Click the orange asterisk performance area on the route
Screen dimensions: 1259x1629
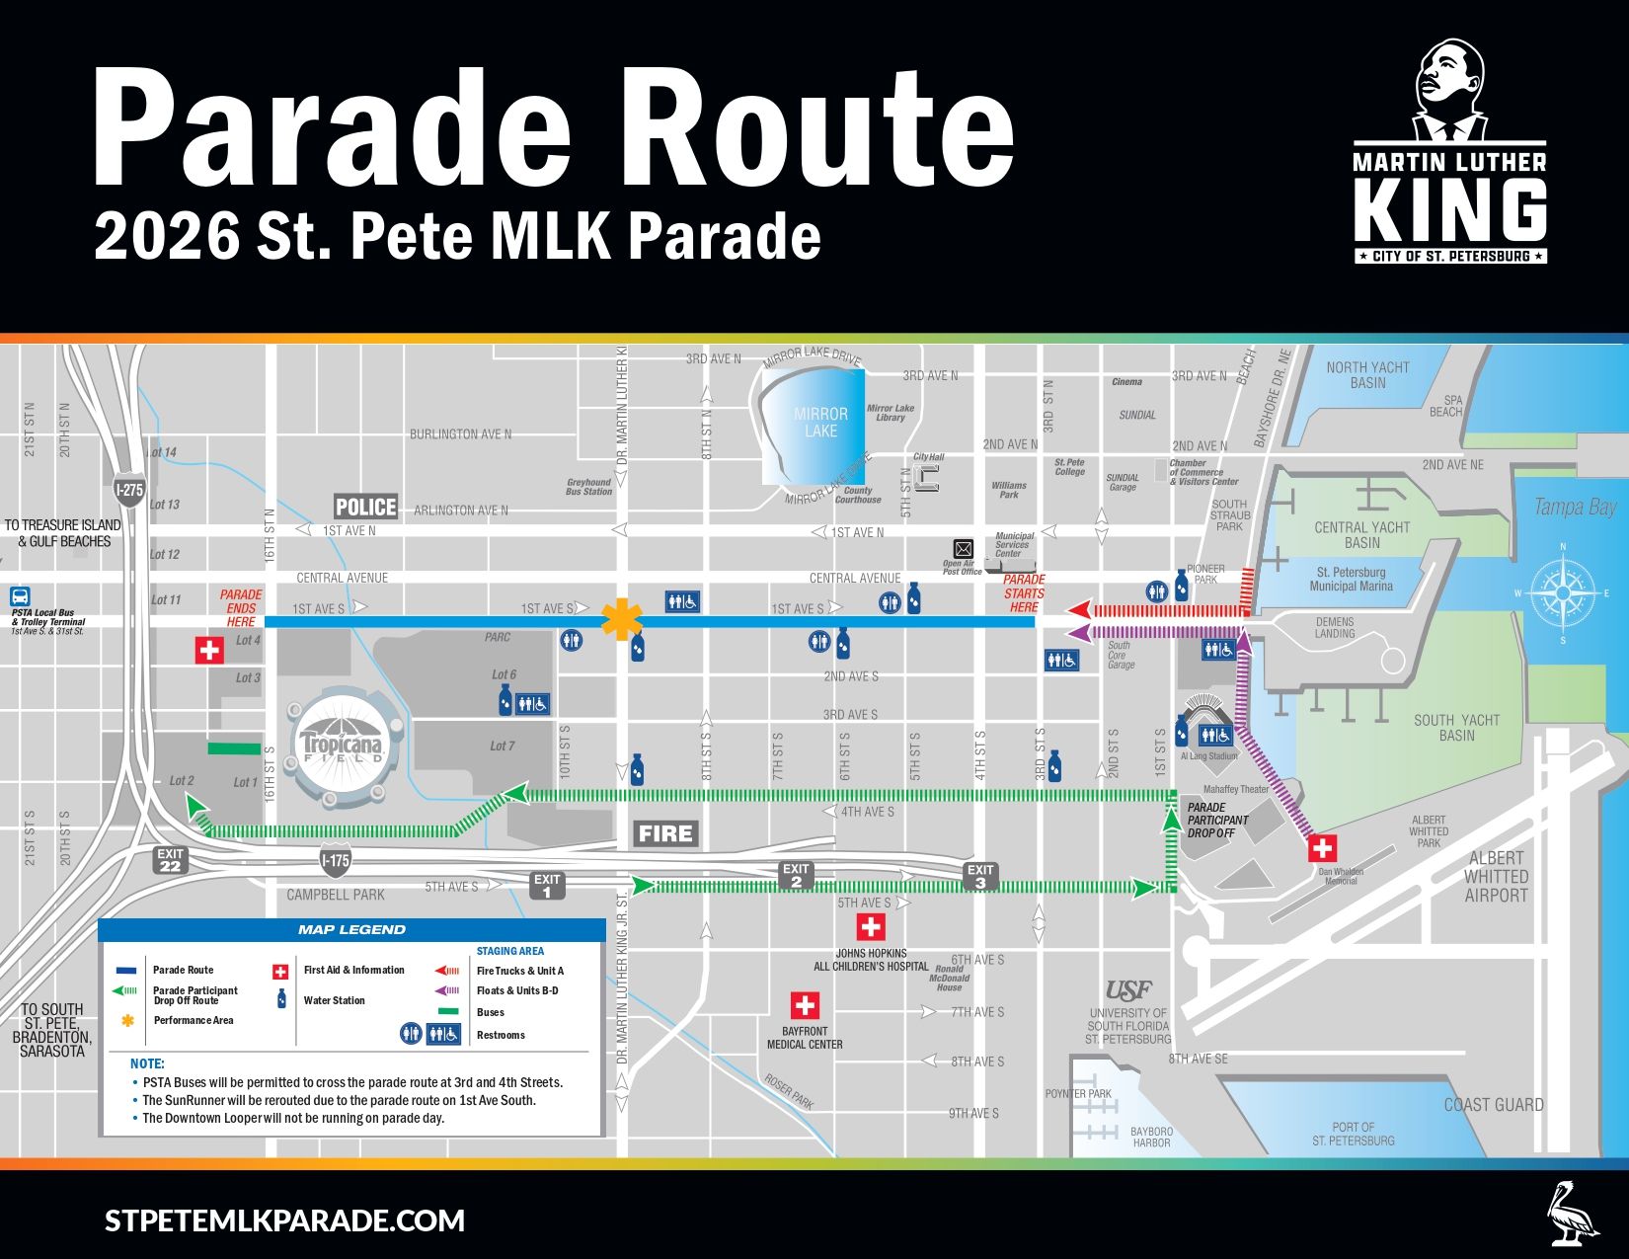[623, 620]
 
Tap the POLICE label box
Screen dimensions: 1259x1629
[365, 507]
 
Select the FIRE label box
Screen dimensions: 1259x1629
[665, 833]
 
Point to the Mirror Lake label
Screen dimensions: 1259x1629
[820, 423]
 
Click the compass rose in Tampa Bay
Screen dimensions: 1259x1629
[1562, 593]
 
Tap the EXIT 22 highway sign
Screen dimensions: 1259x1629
[171, 860]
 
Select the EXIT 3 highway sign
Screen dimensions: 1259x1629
[980, 876]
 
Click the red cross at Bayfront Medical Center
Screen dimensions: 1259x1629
[805, 1005]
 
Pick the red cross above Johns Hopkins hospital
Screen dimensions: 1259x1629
[870, 926]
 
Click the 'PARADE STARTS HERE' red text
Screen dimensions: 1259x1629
[1024, 593]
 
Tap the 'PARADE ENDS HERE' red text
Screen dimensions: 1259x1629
[240, 608]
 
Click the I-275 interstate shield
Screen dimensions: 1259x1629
[129, 489]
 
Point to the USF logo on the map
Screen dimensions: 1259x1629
[1128, 990]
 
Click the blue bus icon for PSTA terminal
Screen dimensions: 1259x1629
[21, 596]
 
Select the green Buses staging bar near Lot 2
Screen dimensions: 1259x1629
[234, 749]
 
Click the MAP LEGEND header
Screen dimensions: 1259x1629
[351, 929]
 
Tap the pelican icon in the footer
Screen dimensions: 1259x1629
[1574, 1212]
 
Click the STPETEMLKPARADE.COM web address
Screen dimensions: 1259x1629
[284, 1220]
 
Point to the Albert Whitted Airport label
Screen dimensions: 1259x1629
[1495, 877]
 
